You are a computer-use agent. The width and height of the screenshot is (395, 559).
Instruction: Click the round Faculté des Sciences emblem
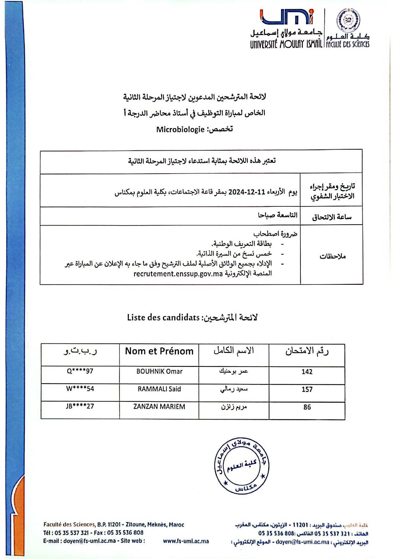348,20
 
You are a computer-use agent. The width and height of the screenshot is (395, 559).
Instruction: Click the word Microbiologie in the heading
180,129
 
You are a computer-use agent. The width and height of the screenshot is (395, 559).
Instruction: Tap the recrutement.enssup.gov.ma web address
178,274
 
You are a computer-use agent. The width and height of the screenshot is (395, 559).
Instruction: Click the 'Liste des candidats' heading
163,317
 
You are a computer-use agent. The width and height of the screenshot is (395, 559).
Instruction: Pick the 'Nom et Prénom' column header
159,351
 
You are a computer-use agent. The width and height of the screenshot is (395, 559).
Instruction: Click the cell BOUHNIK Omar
159,371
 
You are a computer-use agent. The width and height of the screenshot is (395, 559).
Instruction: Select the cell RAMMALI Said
159,389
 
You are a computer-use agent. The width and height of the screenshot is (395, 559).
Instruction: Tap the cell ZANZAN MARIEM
159,406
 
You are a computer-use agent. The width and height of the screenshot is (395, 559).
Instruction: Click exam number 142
307,372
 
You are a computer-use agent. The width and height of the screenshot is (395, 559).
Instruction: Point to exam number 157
307,389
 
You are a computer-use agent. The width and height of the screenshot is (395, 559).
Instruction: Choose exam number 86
307,407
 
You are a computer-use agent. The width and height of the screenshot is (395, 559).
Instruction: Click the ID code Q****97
80,371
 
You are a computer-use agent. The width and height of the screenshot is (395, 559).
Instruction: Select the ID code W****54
80,389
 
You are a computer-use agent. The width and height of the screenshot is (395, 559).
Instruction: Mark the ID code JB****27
80,406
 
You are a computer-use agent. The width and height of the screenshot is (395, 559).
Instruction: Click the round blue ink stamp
242,466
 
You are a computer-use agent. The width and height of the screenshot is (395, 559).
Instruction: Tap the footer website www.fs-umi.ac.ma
186,541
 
